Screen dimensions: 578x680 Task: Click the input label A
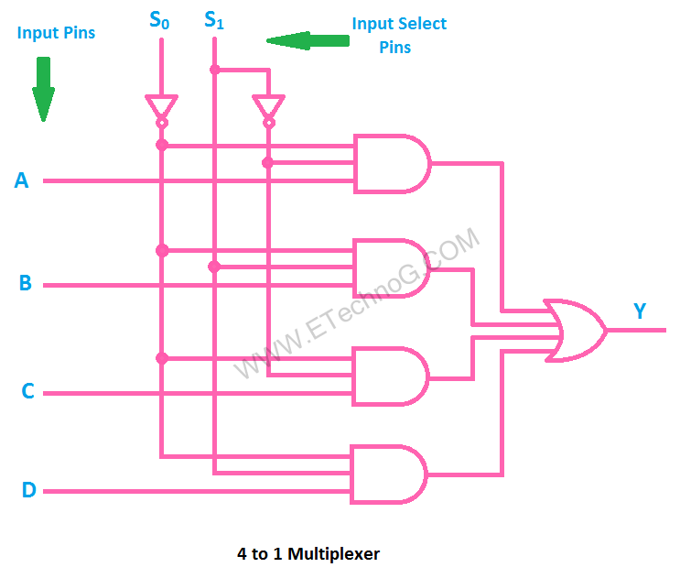coord(22,181)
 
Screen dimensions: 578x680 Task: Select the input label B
coord(26,283)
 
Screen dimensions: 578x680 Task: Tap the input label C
coord(27,392)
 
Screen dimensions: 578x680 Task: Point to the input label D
coord(28,491)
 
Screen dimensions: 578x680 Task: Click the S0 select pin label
coord(160,19)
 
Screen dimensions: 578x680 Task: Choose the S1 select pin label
coord(214,19)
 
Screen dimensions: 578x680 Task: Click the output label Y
coord(640,311)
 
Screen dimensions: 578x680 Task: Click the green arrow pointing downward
coord(43,90)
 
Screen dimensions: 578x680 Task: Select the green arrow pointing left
coord(308,40)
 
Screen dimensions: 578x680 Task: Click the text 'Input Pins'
coord(56,33)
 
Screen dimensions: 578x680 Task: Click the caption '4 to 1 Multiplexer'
coord(308,553)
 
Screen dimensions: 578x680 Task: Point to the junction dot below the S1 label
coord(214,69)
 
